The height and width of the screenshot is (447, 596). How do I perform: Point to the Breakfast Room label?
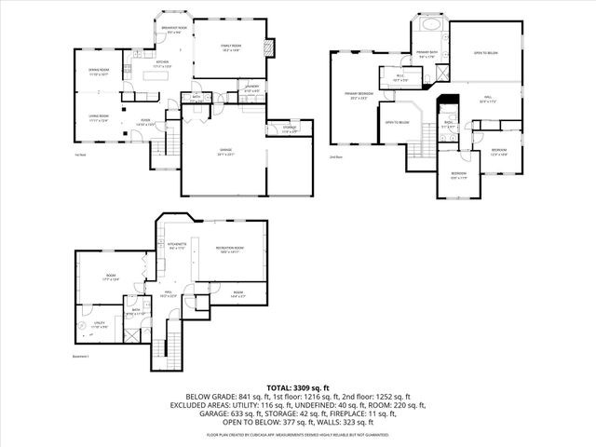pyautogui.click(x=175, y=30)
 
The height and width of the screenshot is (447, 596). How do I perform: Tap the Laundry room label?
pyautogui.click(x=252, y=88)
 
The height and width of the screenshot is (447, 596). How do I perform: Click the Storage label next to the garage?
pyautogui.click(x=290, y=129)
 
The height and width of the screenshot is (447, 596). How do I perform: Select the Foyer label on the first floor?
pyautogui.click(x=146, y=121)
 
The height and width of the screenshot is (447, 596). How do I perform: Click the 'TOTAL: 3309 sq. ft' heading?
pyautogui.click(x=297, y=386)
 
